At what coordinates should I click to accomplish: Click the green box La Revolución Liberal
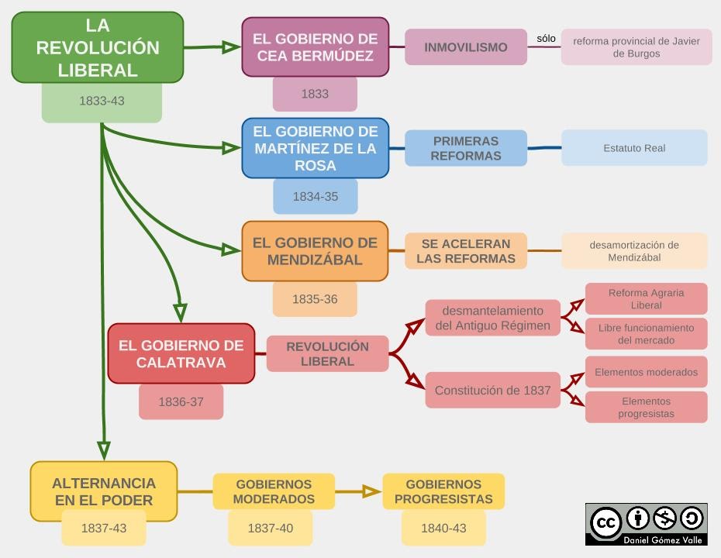[x=98, y=48]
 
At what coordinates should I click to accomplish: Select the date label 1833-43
[x=102, y=102]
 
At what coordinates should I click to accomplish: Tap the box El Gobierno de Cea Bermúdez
[x=315, y=47]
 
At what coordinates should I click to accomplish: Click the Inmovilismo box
[x=465, y=47]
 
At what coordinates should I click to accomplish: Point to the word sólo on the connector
[x=546, y=38]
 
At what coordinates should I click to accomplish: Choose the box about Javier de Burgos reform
[x=636, y=47]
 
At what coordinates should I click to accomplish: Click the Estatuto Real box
[x=634, y=148]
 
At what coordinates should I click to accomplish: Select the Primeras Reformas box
[x=465, y=148]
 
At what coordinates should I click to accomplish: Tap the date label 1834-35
[x=315, y=197]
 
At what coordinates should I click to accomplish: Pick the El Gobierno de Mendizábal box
[x=315, y=251]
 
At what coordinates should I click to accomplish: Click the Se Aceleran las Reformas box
[x=465, y=251]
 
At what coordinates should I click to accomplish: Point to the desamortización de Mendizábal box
[x=634, y=251]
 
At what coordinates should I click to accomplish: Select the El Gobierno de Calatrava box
[x=181, y=353]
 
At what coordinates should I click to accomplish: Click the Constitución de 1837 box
[x=492, y=391]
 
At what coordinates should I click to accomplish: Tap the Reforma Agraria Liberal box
[x=646, y=299]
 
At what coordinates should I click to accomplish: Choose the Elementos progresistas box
[x=646, y=408]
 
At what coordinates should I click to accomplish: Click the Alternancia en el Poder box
[x=104, y=491]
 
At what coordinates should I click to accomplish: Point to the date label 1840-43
[x=443, y=529]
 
